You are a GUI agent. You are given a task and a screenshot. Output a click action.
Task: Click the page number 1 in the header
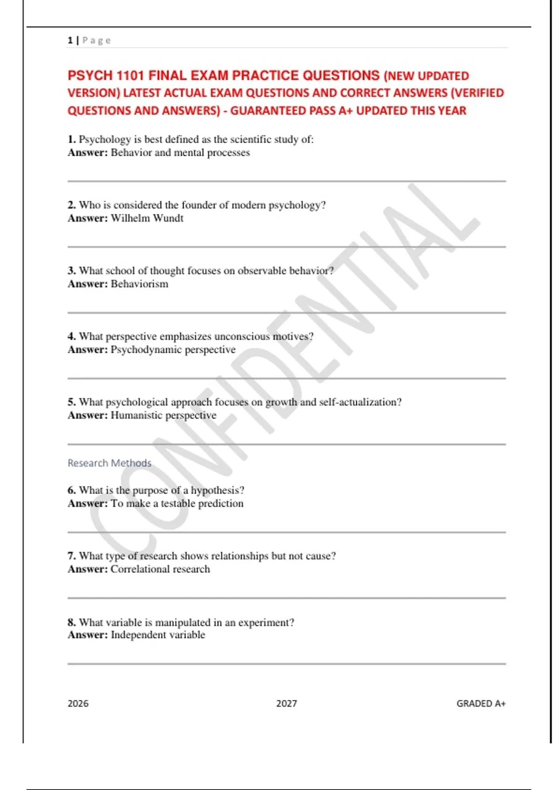coord(70,40)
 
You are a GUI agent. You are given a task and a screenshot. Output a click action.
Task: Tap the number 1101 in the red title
coord(131,75)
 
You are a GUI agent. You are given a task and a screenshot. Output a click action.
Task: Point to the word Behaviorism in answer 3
coord(139,284)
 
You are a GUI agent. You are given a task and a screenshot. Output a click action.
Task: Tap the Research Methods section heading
coord(109,463)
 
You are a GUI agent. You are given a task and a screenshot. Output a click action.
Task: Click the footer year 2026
coord(78,704)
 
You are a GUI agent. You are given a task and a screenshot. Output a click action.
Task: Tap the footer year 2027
coord(286,704)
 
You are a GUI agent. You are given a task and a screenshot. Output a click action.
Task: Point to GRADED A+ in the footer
coord(481,704)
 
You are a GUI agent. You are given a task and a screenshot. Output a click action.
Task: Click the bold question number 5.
coord(71,402)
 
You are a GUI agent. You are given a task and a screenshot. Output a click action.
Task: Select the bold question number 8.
coord(71,622)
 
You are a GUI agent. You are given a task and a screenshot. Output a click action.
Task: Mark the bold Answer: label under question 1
coord(87,153)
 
